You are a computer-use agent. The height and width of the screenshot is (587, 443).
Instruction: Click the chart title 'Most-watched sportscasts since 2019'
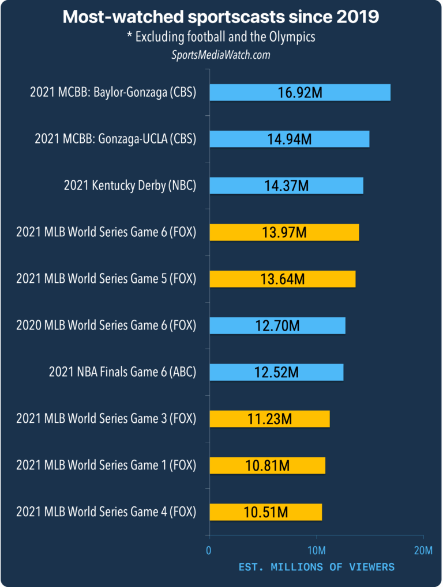click(x=221, y=17)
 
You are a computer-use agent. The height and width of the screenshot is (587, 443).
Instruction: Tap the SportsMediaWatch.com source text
click(x=221, y=55)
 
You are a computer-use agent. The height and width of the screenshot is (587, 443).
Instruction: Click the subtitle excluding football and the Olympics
click(x=221, y=37)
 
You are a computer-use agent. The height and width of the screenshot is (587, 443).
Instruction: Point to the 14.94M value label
click(x=289, y=139)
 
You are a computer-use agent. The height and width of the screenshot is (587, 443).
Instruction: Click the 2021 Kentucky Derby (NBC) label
click(x=130, y=185)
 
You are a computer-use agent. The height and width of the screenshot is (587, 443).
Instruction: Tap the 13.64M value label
click(x=282, y=279)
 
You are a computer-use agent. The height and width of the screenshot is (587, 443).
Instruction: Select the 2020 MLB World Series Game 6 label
click(x=106, y=325)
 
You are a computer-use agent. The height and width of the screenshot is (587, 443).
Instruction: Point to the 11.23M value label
click(x=269, y=419)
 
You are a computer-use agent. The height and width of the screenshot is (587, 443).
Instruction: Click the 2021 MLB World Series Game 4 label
click(x=106, y=512)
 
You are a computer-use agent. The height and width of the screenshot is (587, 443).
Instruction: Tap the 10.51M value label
click(x=265, y=512)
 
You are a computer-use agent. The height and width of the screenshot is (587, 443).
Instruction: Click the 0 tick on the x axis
click(x=209, y=551)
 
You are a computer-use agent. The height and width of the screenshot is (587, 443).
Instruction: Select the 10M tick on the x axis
click(x=316, y=551)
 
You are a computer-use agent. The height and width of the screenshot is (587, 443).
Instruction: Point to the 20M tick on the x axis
click(x=423, y=551)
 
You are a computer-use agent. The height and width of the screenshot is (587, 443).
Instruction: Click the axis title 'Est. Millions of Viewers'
click(x=316, y=567)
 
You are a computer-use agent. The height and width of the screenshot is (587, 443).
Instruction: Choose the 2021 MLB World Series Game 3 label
click(x=106, y=419)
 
